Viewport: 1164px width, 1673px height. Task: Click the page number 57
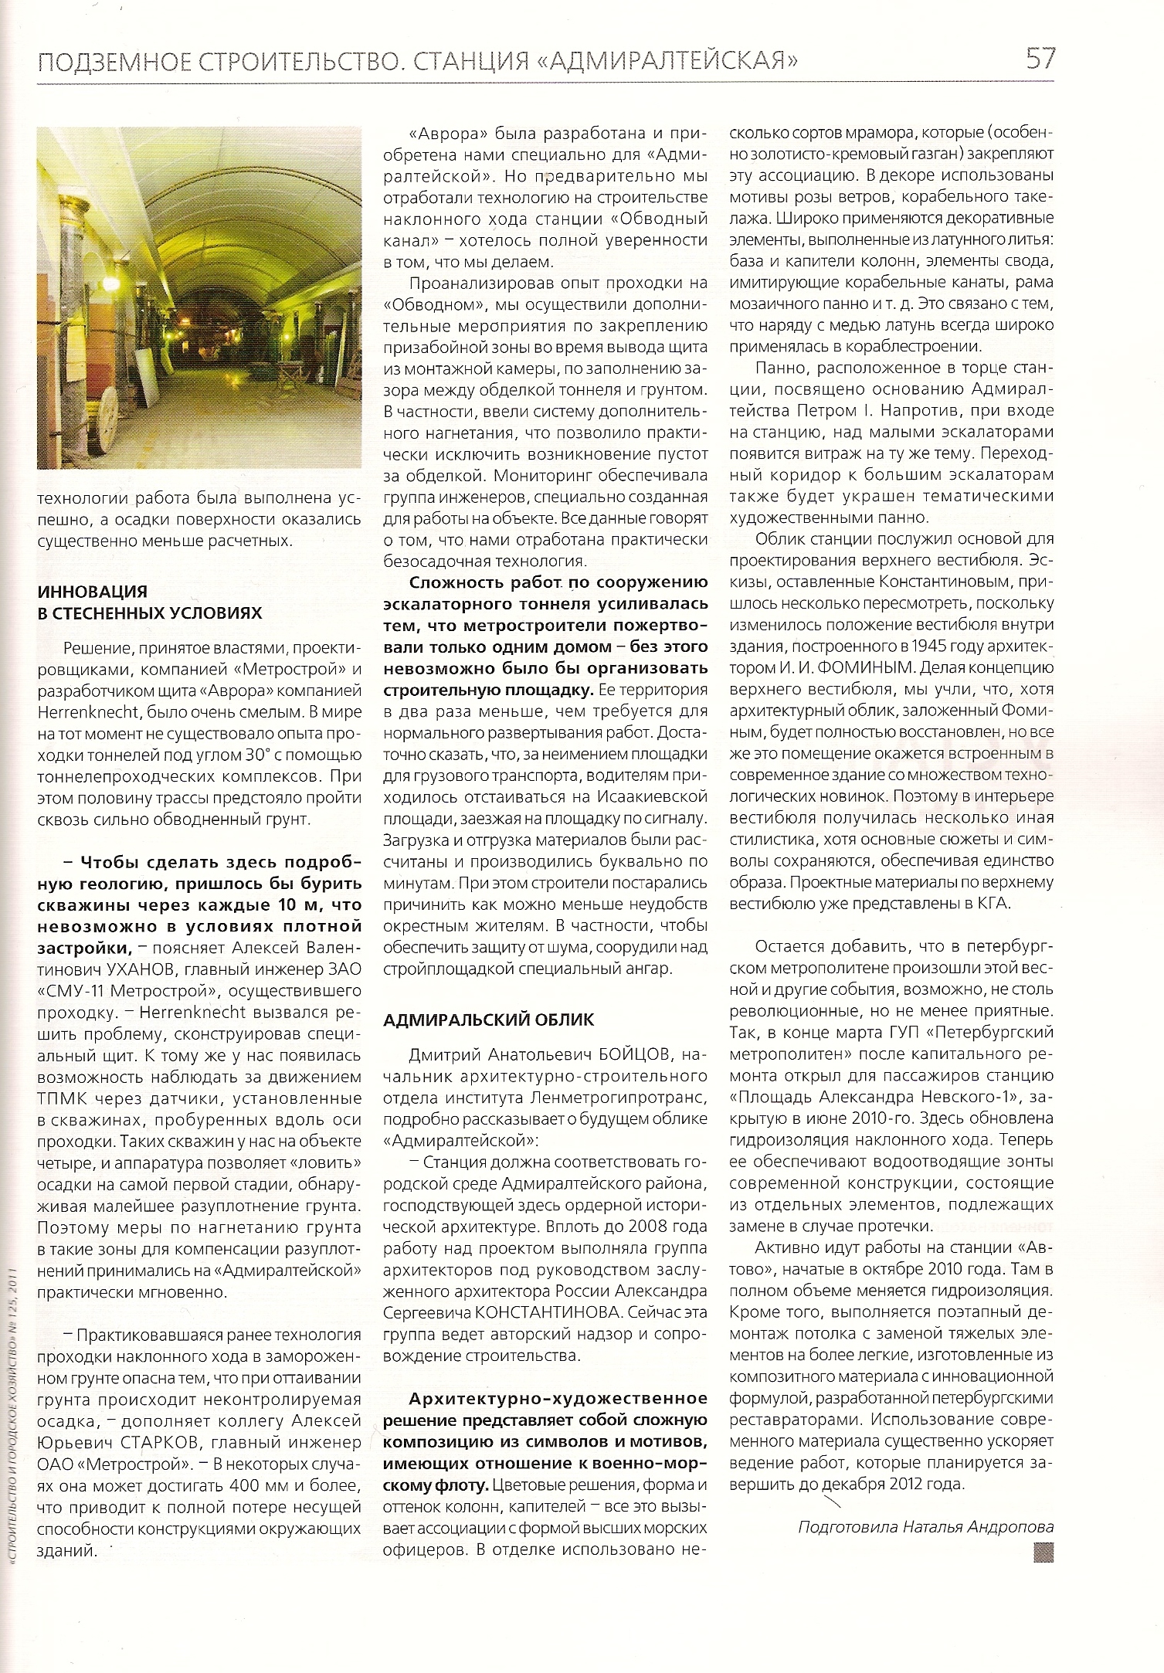(1039, 59)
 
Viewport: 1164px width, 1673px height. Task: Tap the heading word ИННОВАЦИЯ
(93, 592)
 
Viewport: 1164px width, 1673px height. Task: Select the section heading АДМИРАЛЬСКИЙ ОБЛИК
(489, 1019)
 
